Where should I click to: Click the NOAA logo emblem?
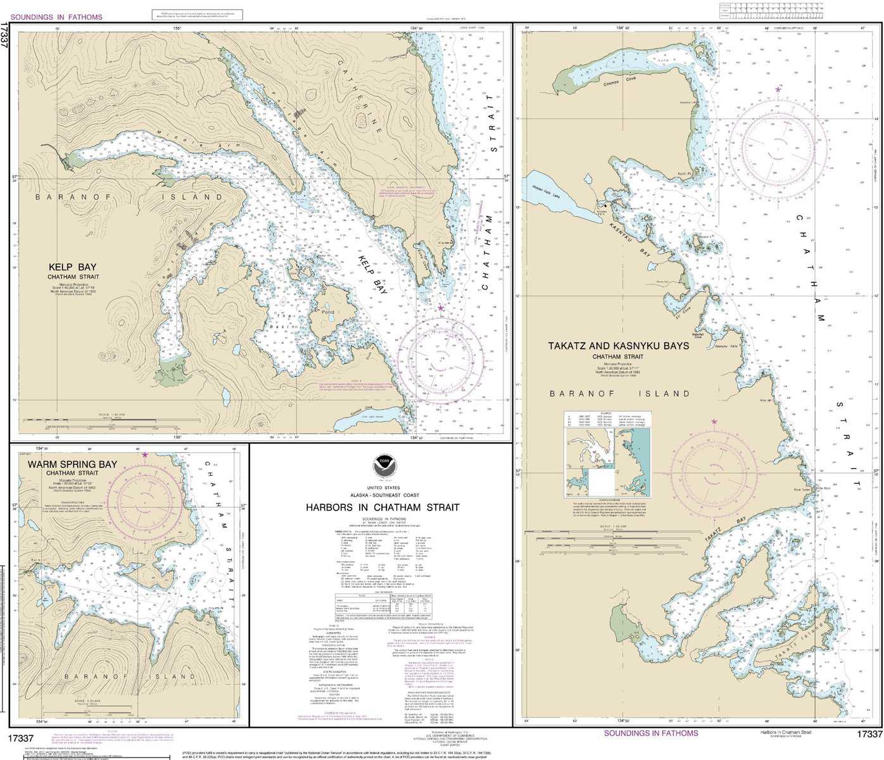coord(382,466)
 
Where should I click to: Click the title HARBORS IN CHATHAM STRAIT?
coord(382,507)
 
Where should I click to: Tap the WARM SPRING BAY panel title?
coord(72,464)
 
